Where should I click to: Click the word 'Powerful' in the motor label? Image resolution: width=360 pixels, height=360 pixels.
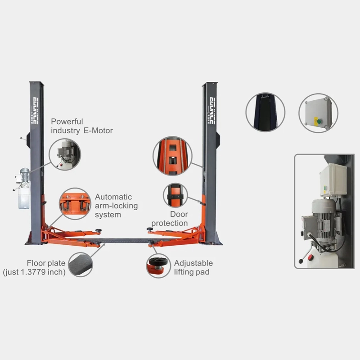click(67, 121)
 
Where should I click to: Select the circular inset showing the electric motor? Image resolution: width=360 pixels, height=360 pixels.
click(65, 154)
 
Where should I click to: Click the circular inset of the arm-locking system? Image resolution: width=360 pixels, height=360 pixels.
click(75, 204)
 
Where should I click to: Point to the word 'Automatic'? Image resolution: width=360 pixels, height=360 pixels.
click(113, 197)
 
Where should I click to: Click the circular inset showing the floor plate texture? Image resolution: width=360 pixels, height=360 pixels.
click(81, 264)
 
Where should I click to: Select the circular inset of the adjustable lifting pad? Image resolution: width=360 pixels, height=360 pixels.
click(158, 266)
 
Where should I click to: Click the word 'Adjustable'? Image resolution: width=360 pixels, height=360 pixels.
click(193, 263)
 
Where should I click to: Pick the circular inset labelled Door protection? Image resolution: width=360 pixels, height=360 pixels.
click(175, 195)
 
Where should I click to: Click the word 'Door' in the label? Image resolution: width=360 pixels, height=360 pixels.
click(179, 214)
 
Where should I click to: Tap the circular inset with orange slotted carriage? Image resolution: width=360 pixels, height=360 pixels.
click(172, 156)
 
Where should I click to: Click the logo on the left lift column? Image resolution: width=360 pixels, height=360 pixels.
click(36, 111)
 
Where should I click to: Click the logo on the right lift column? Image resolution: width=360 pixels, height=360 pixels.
click(212, 111)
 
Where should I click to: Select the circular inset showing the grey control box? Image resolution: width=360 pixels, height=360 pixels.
click(319, 113)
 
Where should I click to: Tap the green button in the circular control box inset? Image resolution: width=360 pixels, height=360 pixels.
click(319, 121)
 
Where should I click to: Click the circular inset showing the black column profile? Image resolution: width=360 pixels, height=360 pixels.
click(265, 112)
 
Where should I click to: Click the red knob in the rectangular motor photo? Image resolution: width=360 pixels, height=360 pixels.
click(310, 257)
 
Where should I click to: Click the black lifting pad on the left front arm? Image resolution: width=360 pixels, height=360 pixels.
click(99, 230)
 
